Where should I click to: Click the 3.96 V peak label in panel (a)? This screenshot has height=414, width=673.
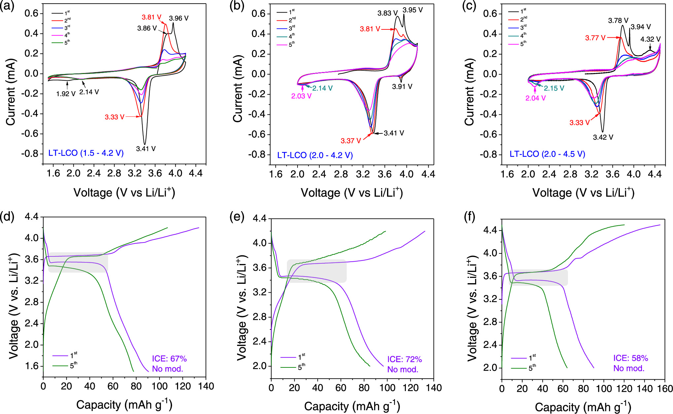pos(179,18)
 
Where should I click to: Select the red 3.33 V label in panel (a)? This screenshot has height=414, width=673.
pos(114,117)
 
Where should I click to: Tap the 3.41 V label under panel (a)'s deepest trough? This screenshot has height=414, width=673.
pos(146,149)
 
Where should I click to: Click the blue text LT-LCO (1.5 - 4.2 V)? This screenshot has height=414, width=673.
pos(86,153)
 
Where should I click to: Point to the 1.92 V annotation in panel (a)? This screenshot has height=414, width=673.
pos(66,94)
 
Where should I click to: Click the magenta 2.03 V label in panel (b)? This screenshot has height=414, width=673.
pos(301,96)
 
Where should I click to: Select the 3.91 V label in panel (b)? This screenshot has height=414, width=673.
pos(402,87)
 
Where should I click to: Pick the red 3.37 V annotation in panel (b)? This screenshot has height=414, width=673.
pos(351,141)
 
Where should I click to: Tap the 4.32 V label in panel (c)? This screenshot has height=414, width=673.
pos(650,39)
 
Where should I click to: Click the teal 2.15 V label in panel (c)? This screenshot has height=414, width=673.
pos(554,88)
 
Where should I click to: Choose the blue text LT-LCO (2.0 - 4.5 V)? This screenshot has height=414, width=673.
pos(547,154)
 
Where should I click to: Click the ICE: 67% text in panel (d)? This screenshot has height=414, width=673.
pos(169,358)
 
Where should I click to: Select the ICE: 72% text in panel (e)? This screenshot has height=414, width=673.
pos(405,359)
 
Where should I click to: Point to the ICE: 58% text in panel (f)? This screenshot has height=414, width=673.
pos(630,358)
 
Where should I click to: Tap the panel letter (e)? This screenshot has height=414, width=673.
pos(236,217)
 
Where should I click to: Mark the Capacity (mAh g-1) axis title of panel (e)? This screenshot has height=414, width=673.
pos(352,406)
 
